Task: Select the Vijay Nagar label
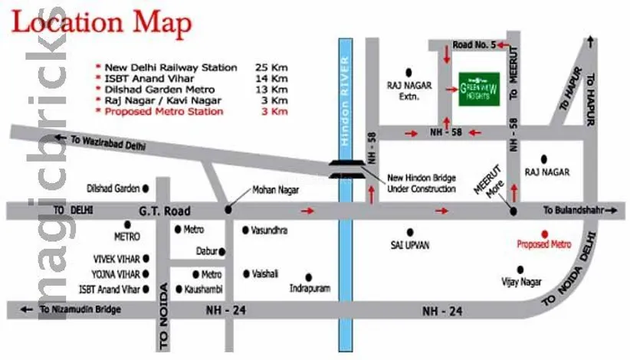521,282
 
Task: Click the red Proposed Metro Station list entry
164,111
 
